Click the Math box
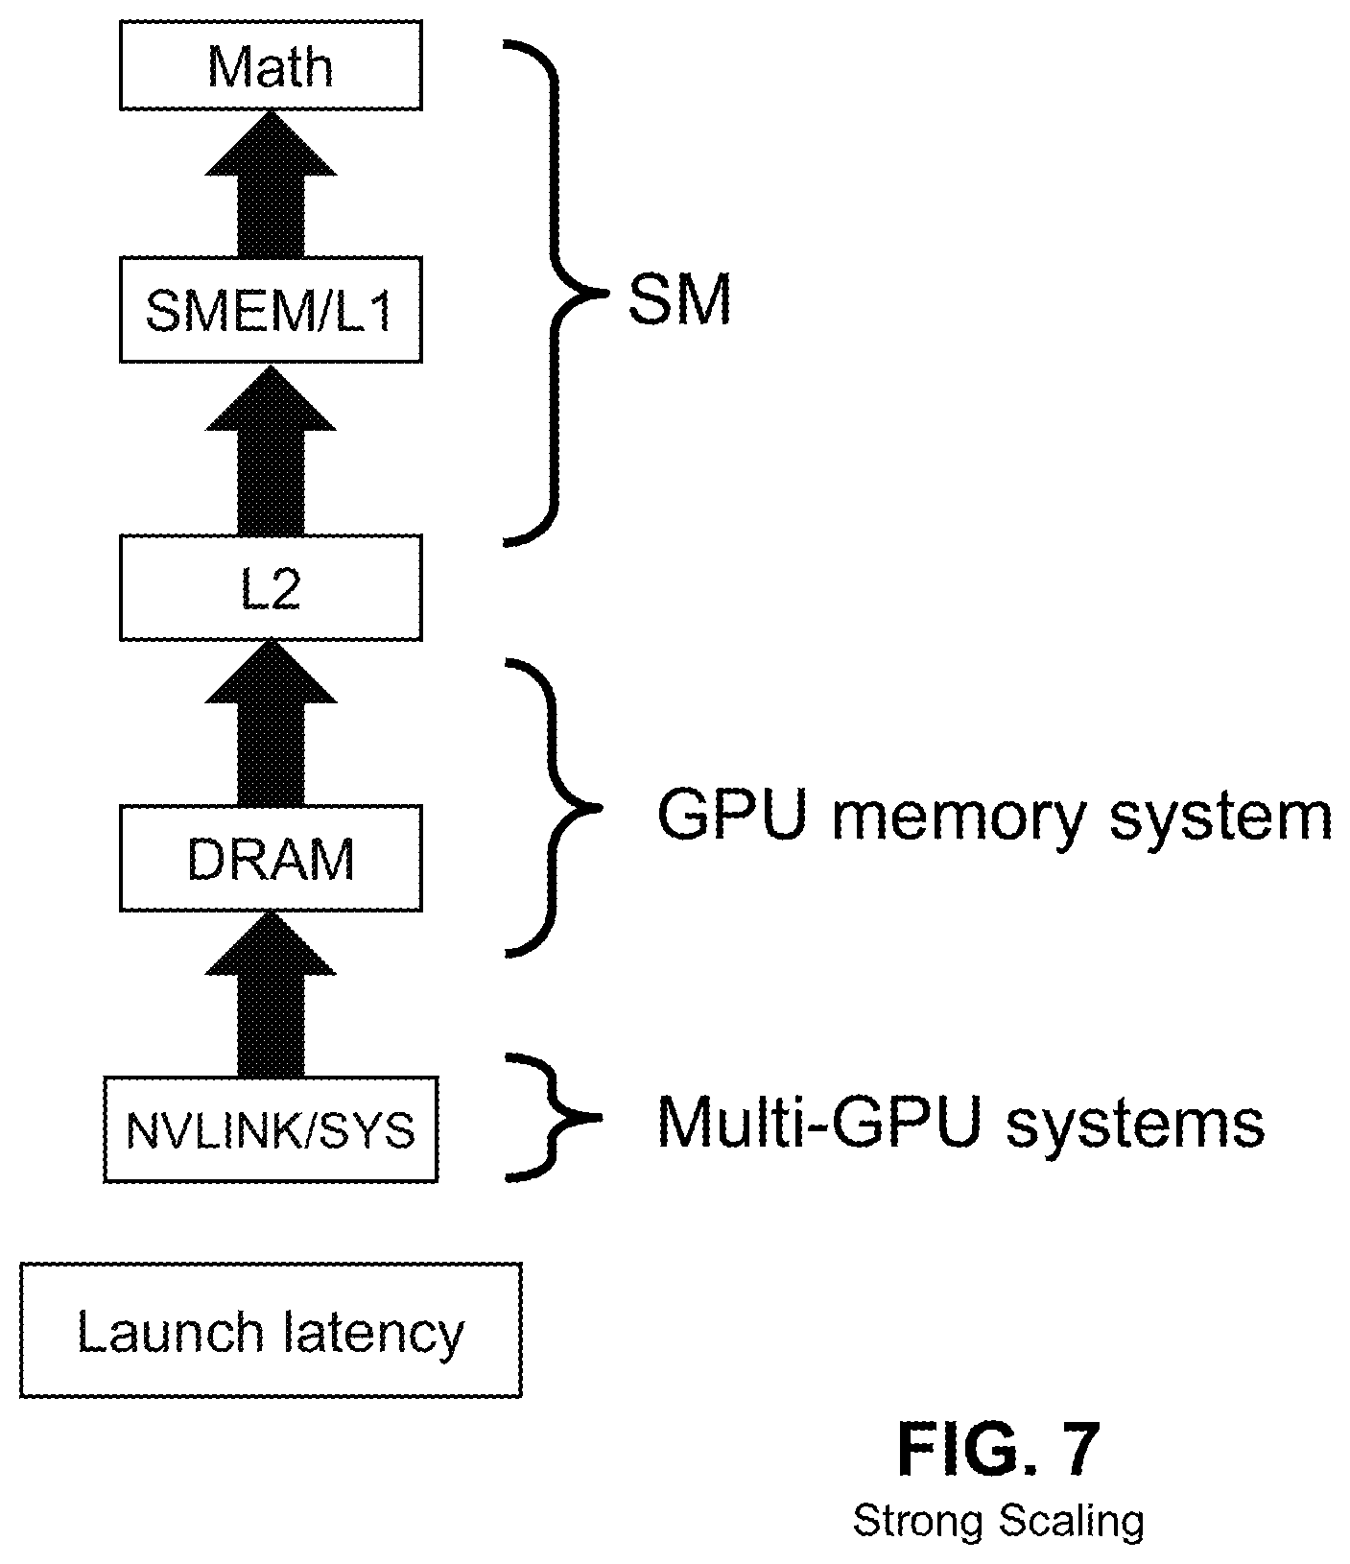coord(271,66)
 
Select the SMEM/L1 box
coord(271,309)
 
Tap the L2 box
coord(271,587)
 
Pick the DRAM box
coord(271,858)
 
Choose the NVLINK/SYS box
coord(271,1129)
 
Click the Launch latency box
coord(271,1330)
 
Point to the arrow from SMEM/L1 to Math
coord(271,182)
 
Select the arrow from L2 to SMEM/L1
coord(271,448)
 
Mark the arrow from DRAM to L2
coord(271,723)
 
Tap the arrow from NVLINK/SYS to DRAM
coord(271,993)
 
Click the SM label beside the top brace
coord(679,300)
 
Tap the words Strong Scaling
coord(998,1521)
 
